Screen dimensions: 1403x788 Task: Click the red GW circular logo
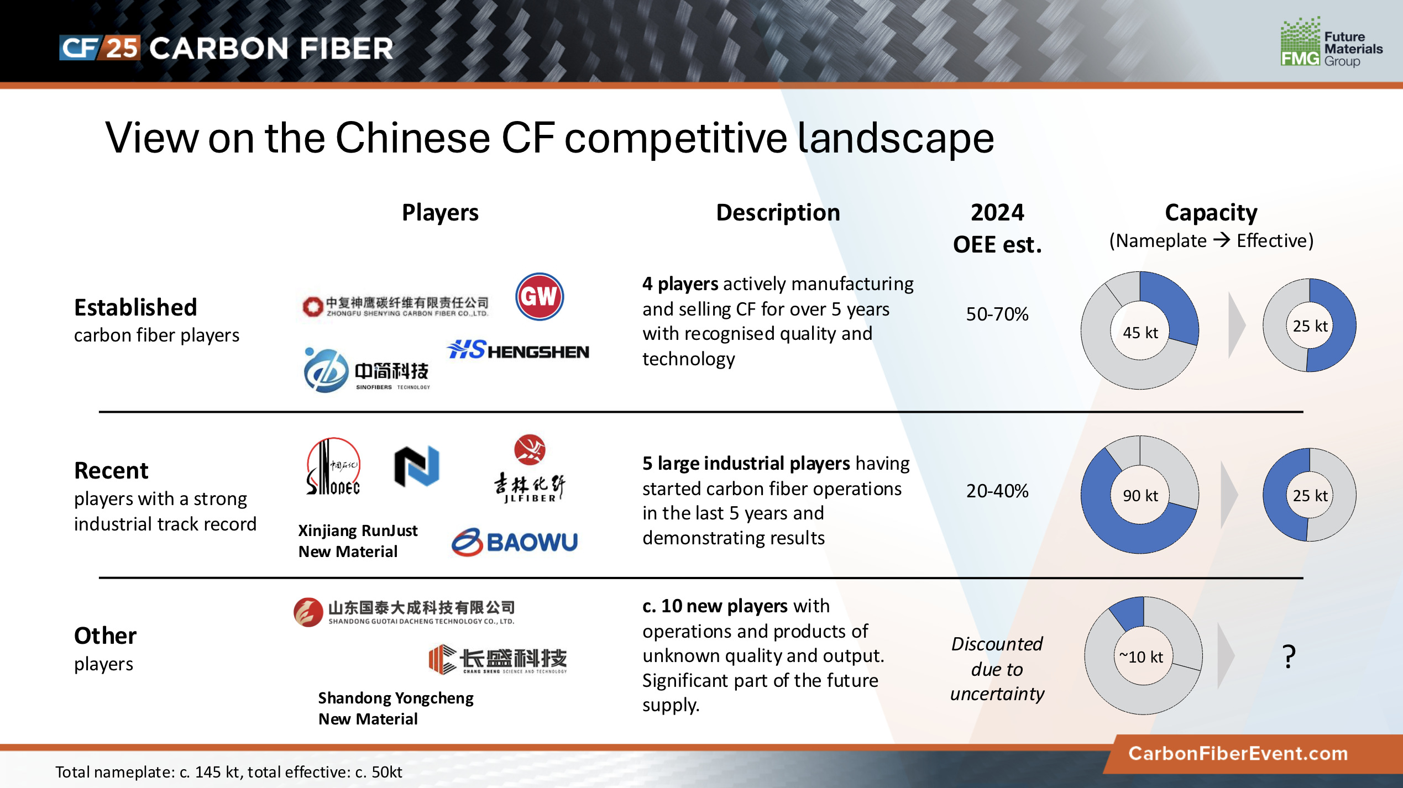[x=540, y=297]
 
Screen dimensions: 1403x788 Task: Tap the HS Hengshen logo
[x=518, y=350]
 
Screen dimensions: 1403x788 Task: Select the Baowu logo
[x=515, y=542]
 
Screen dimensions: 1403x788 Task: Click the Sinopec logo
[x=333, y=466]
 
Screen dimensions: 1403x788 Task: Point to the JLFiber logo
[x=530, y=468]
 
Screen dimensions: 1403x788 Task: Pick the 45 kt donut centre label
[x=1140, y=333]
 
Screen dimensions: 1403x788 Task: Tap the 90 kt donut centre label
[x=1140, y=496]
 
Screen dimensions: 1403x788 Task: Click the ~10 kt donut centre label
[x=1141, y=656]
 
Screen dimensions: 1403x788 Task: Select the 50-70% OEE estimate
[x=997, y=314]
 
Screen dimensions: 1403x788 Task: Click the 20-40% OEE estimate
[x=997, y=491]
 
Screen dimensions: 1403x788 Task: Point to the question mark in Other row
[x=1289, y=656]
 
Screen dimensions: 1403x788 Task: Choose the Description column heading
[x=778, y=213]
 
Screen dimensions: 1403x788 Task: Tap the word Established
[x=135, y=307]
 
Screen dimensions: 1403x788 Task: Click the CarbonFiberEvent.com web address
[x=1238, y=753]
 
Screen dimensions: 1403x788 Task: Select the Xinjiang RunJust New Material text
[x=358, y=541]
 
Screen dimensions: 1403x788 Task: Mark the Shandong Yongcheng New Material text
[x=396, y=708]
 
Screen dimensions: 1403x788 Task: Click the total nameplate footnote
[x=228, y=772]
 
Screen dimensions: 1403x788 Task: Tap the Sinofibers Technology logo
[x=367, y=370]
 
